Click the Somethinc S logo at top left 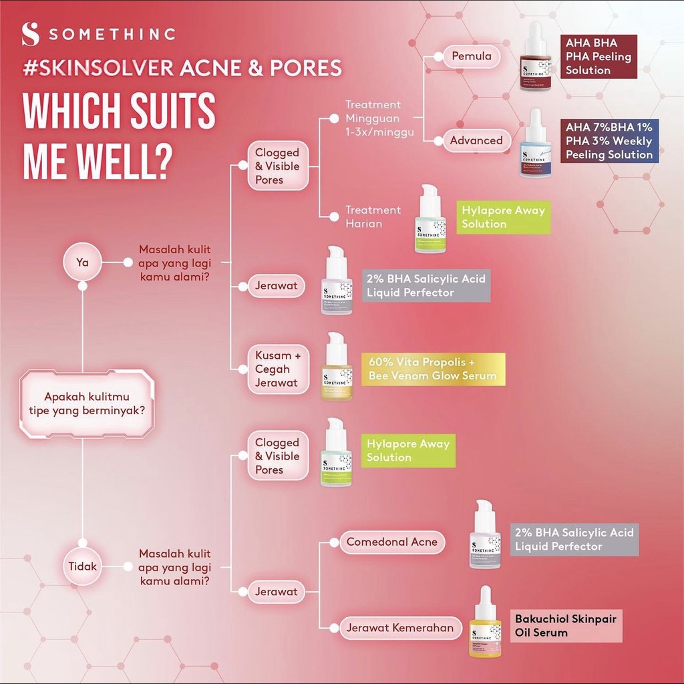pos(30,34)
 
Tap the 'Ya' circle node pos(82,263)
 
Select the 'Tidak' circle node pos(83,566)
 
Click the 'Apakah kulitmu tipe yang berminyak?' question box pos(88,403)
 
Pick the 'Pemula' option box pos(471,56)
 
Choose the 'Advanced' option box pos(476,140)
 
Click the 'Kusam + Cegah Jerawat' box pos(277,369)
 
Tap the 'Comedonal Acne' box pos(391,542)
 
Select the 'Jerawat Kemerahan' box pos(399,627)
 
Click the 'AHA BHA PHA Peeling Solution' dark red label pos(598,56)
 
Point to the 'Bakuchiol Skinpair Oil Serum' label pos(565,625)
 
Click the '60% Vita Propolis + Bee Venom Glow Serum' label pos(433,369)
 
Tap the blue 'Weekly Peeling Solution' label pos(609,141)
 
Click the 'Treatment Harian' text pos(373,216)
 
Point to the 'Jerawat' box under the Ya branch pos(276,287)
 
